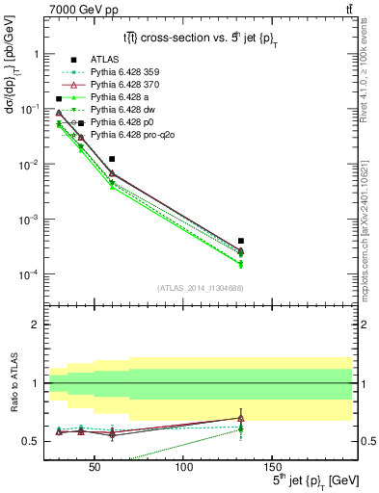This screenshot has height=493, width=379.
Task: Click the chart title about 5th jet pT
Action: pyautogui.click(x=201, y=39)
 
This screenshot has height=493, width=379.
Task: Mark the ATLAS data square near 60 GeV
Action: pyautogui.click(x=112, y=159)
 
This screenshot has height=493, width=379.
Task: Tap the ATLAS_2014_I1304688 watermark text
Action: pyautogui.click(x=201, y=288)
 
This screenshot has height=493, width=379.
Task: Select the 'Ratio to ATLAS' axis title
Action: pyautogui.click(x=13, y=385)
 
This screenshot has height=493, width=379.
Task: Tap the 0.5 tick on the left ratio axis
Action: pyautogui.click(x=31, y=441)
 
